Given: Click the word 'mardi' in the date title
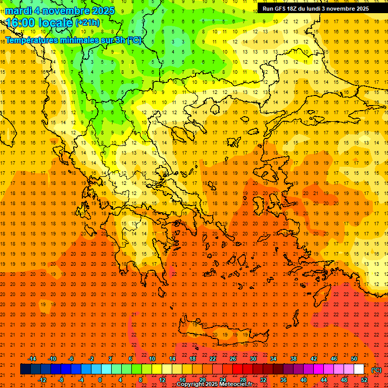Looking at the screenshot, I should (x=18, y=11).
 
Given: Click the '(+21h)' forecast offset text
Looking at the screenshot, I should (x=87, y=23).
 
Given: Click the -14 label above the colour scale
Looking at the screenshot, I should (x=31, y=359).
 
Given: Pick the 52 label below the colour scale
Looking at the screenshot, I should (x=364, y=380).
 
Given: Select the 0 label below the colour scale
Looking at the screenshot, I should (x=100, y=380).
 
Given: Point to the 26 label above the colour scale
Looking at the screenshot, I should (x=233, y=359).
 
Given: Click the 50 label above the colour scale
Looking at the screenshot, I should (x=354, y=359).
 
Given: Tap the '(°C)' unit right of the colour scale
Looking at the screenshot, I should (x=376, y=370).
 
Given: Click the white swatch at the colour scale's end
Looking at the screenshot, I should (x=359, y=369).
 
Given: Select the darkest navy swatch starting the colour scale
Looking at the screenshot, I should (x=25, y=369).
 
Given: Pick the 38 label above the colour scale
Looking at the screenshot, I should (x=294, y=359).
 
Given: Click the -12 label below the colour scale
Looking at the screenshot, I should (x=42, y=380).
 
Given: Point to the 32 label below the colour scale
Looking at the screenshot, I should (x=263, y=380).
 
